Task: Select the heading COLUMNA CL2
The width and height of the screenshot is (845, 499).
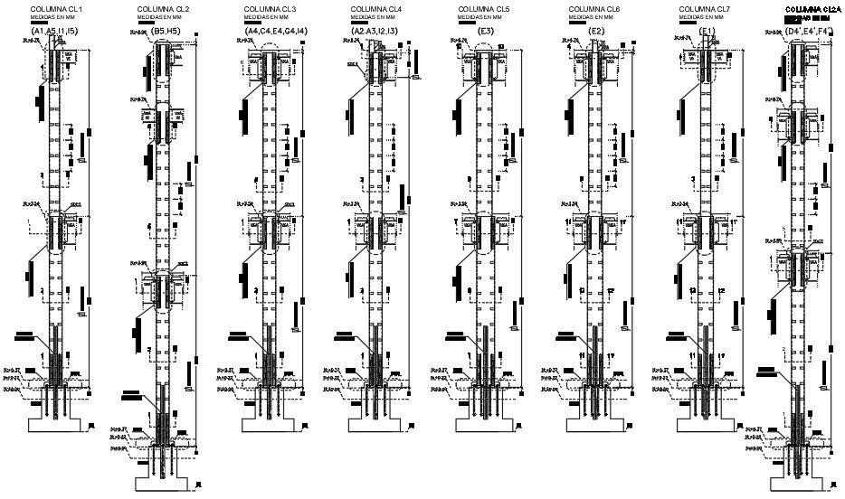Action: tap(163, 9)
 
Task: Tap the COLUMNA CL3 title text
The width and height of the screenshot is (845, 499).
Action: tap(270, 9)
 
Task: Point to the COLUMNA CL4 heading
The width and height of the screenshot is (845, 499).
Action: tap(376, 9)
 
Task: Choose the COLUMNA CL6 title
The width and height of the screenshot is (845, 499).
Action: tap(594, 9)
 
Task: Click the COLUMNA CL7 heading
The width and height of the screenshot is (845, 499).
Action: tap(703, 9)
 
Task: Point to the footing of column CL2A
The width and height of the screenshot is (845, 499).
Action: tap(799, 479)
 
